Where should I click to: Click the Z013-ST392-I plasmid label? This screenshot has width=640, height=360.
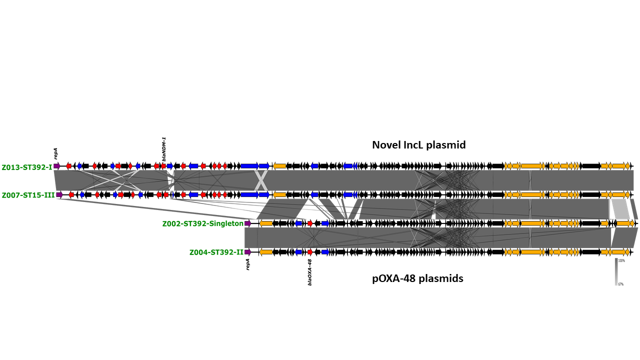27,167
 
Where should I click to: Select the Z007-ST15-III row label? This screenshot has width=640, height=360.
28,195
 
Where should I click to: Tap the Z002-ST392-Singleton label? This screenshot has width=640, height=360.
202,223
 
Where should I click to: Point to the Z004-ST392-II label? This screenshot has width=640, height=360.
216,252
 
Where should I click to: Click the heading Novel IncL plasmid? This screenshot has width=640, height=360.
418,145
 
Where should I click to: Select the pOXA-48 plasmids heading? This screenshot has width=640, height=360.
417,278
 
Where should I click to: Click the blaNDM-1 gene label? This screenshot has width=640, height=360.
164,148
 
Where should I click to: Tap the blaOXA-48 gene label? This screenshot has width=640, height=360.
310,272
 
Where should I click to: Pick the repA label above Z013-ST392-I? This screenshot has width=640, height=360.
56,153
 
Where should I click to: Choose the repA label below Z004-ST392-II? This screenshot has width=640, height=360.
247,264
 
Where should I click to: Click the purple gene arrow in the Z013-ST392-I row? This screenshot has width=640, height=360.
57,166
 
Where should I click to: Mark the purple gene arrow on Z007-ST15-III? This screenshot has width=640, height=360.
59,194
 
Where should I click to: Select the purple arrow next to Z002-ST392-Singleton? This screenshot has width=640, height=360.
247,223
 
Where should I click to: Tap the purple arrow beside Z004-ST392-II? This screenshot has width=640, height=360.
247,252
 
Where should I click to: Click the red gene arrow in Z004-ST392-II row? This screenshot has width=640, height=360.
310,252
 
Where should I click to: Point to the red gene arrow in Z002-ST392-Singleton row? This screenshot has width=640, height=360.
310,223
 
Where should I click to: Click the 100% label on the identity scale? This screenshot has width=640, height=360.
621,260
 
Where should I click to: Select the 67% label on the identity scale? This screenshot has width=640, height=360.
621,284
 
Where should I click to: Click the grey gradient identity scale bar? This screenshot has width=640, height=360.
616,272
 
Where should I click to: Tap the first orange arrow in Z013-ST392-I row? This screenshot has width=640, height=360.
279,166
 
